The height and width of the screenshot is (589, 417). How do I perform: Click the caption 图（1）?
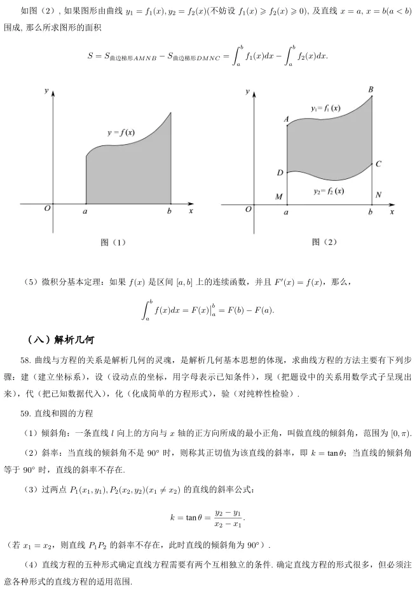click(x=114, y=242)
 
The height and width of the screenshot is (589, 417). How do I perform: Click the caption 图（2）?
click(x=324, y=242)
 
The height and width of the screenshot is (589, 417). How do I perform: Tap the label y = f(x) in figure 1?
click(x=121, y=133)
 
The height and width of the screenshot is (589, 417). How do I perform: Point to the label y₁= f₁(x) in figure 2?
click(x=325, y=108)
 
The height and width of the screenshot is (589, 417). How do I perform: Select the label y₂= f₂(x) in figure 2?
click(x=329, y=191)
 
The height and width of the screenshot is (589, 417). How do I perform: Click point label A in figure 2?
click(x=286, y=119)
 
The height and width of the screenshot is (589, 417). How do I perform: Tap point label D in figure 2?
click(x=280, y=173)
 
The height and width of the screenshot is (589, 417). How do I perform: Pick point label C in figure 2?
click(x=379, y=164)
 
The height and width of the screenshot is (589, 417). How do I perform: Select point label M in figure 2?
click(x=278, y=197)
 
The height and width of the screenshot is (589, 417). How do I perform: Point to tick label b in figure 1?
click(x=169, y=212)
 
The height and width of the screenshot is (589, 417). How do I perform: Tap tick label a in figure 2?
click(x=286, y=213)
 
